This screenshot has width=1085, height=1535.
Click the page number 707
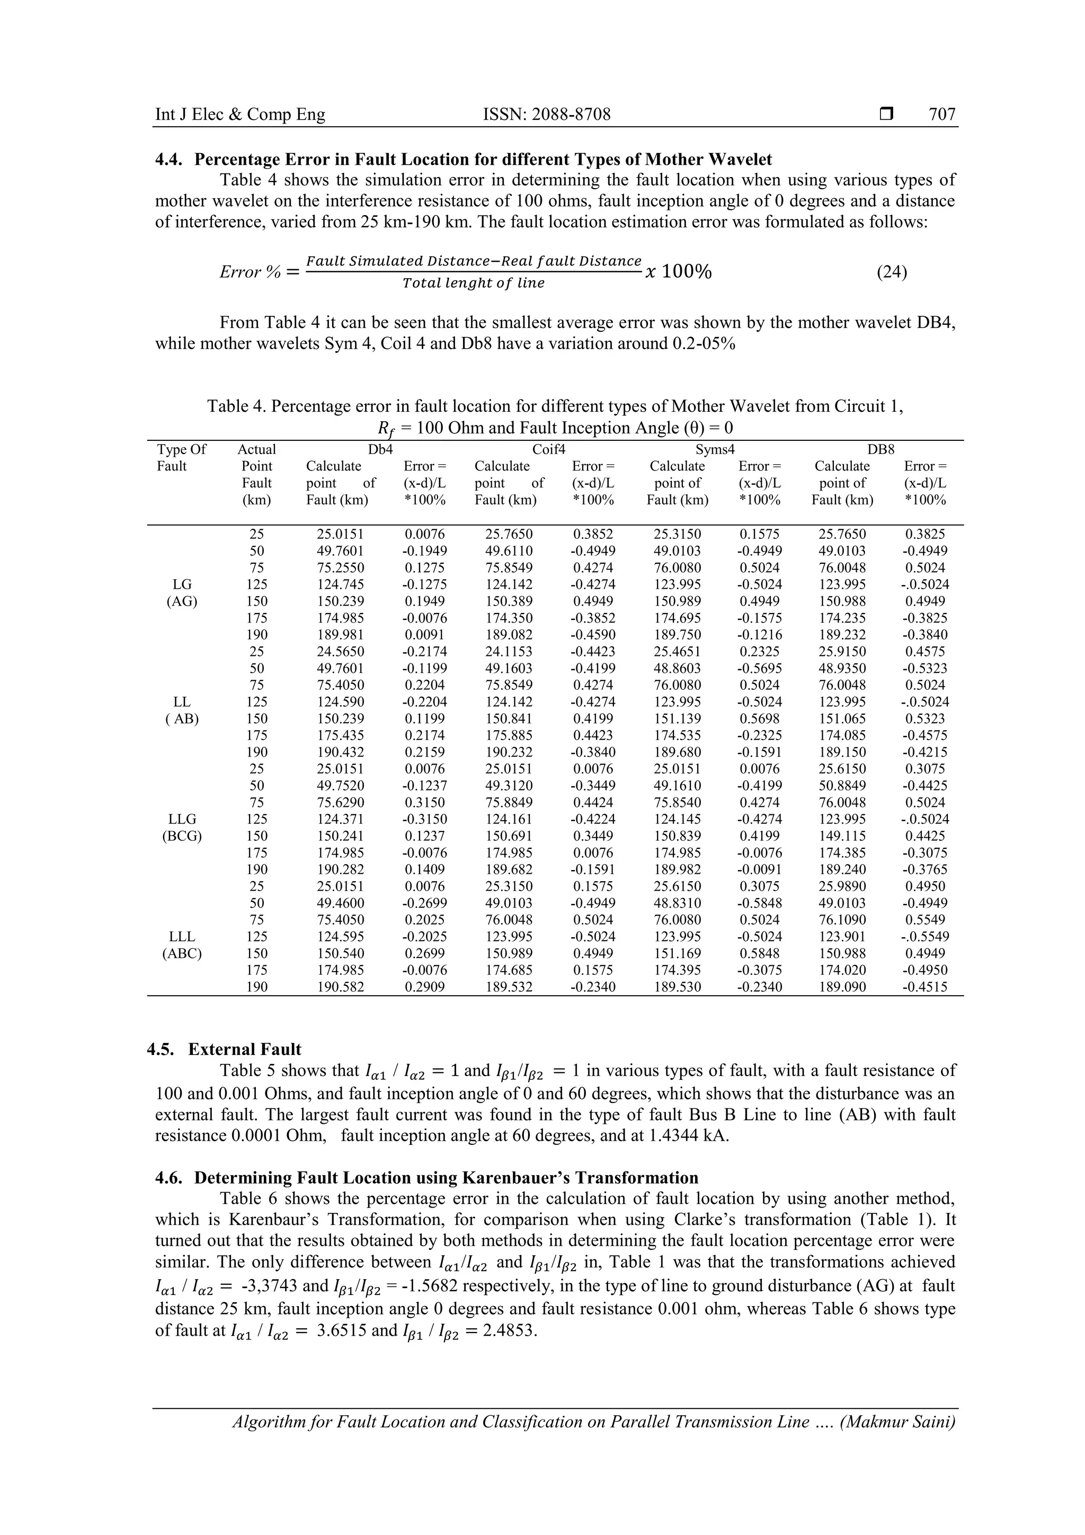point(942,114)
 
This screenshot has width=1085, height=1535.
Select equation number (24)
point(891,272)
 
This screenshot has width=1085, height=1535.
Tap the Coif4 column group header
point(548,450)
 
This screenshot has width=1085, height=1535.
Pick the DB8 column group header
point(881,450)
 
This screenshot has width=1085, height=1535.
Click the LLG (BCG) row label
point(182,828)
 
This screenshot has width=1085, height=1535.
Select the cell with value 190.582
point(341,987)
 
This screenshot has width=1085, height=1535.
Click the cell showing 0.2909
point(424,987)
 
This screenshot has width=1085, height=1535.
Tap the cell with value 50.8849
point(842,786)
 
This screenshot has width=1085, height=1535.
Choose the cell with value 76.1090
point(842,920)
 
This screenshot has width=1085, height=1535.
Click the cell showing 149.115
point(842,836)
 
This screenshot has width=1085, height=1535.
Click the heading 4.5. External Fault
point(224,1049)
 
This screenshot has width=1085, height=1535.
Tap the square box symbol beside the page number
point(886,115)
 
